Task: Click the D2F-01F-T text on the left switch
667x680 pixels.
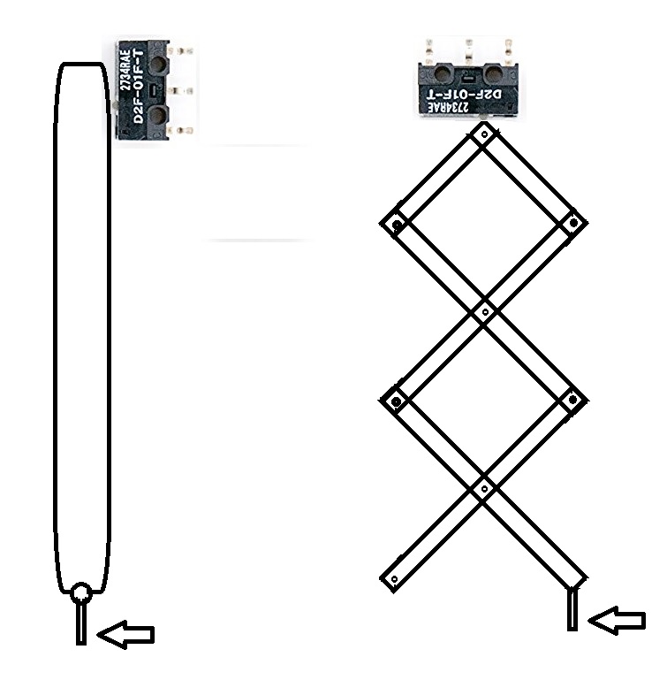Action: point(139,89)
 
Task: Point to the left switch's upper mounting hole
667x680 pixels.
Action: point(160,63)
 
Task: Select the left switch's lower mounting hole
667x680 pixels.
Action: point(160,115)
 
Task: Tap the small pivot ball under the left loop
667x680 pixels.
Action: point(81,593)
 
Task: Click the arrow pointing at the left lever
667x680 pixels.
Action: point(125,633)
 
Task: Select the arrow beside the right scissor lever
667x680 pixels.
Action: point(618,621)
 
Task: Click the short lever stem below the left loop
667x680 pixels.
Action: point(81,622)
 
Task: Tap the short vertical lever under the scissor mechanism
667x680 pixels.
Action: point(572,610)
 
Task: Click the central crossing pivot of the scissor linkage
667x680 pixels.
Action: point(483,312)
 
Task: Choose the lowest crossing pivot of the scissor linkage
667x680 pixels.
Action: point(483,488)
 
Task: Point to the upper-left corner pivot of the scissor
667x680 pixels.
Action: point(397,225)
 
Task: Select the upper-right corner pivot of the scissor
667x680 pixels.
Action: point(573,223)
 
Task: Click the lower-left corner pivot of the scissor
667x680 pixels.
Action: point(396,402)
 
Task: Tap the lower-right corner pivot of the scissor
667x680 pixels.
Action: point(572,400)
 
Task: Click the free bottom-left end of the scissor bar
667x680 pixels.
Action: point(393,579)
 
